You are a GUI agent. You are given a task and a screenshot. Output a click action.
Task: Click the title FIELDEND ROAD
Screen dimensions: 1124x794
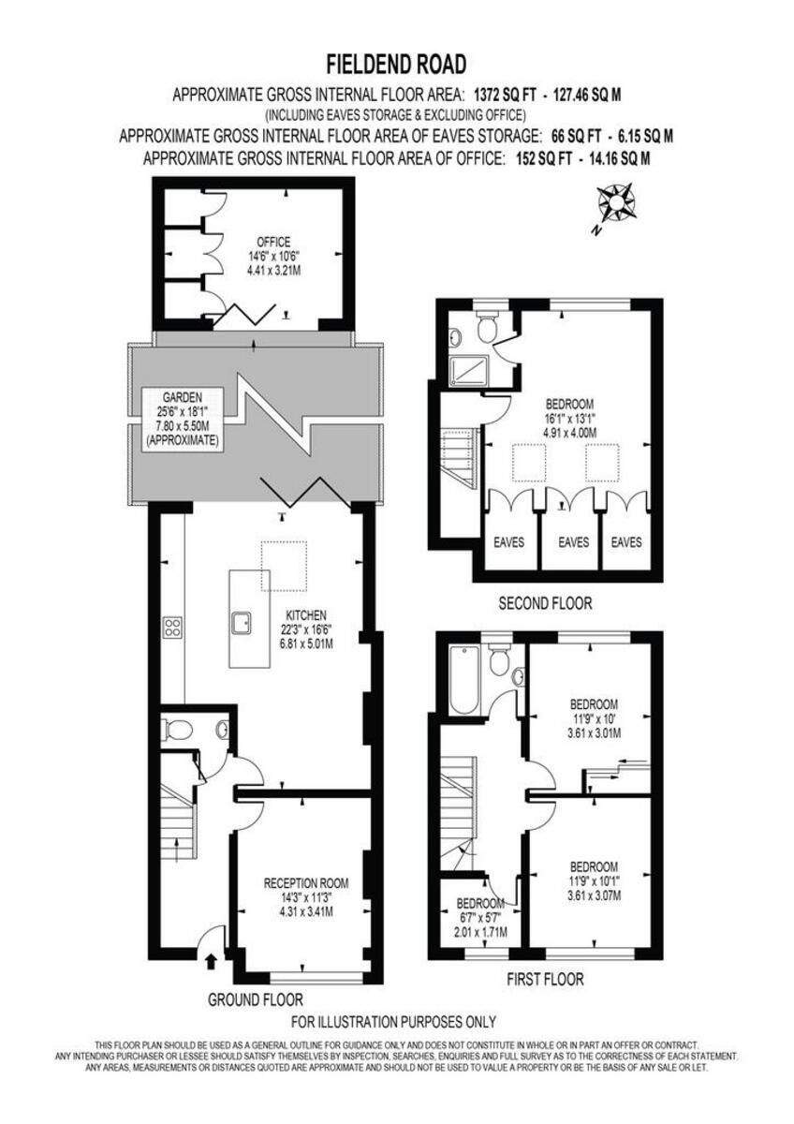396,64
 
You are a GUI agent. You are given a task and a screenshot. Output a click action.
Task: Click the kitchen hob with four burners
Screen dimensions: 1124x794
172,628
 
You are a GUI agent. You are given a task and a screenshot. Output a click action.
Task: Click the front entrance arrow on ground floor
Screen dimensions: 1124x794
210,959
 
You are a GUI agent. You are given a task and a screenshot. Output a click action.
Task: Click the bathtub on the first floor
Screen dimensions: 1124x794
463,680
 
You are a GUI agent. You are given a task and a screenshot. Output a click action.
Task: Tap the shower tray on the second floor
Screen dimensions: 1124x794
465,371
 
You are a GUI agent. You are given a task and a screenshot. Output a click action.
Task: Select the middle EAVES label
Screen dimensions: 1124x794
573,541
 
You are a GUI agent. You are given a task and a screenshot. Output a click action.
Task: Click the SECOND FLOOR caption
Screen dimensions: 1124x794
545,603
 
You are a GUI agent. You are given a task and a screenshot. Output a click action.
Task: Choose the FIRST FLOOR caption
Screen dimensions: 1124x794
545,980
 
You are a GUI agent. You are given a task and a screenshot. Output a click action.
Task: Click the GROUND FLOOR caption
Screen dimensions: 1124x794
256,999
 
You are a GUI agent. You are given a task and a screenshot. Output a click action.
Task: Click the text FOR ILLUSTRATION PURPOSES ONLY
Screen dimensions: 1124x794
394,1022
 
